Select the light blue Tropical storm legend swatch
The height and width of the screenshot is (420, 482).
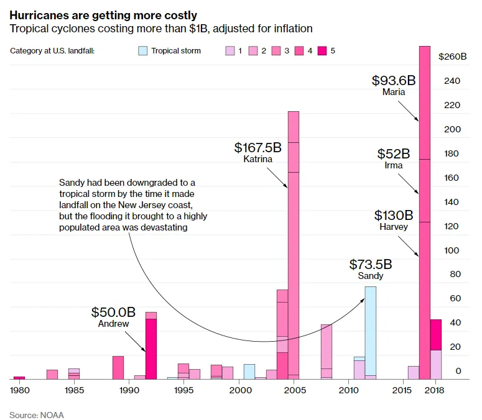click(x=143, y=50)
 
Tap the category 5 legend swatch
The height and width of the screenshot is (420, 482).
click(x=322, y=50)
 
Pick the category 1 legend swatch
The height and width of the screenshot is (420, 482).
click(x=229, y=50)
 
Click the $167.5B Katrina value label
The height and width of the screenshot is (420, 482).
click(x=257, y=148)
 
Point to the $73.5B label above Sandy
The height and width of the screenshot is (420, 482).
click(x=371, y=264)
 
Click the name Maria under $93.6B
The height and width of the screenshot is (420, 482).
click(x=394, y=92)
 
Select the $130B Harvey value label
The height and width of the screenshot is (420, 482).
click(x=394, y=216)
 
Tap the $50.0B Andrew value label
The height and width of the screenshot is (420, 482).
click(x=113, y=312)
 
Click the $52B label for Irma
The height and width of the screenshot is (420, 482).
click(x=394, y=154)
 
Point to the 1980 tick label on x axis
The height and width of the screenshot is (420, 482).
click(x=19, y=390)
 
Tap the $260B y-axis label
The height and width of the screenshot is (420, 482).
click(x=452, y=57)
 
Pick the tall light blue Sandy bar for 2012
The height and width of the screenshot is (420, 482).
click(x=370, y=329)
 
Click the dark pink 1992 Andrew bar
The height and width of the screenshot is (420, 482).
click(x=151, y=348)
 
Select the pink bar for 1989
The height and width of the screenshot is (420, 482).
click(x=118, y=367)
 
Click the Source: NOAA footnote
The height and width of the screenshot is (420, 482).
click(x=37, y=414)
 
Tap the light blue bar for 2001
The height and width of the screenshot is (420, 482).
click(x=249, y=372)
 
